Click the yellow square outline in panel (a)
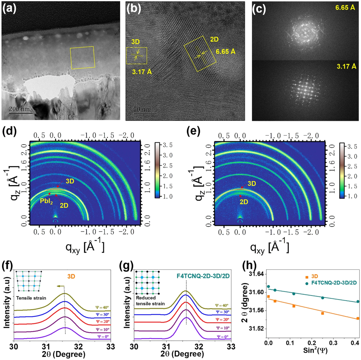click(82, 58)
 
